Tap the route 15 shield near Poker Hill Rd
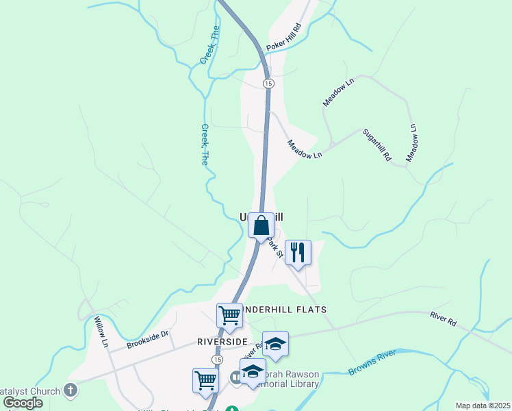tap(268, 83)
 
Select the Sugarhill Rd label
tap(377, 145)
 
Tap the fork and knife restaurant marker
tap(297, 252)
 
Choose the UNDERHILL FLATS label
tap(283, 310)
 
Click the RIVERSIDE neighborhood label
tap(221, 341)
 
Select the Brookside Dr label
tap(147, 340)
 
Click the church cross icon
tap(70, 390)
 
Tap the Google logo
tap(23, 403)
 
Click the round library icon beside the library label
tap(236, 377)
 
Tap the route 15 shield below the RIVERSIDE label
tap(217, 359)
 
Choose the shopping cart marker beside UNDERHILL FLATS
tap(229, 315)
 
